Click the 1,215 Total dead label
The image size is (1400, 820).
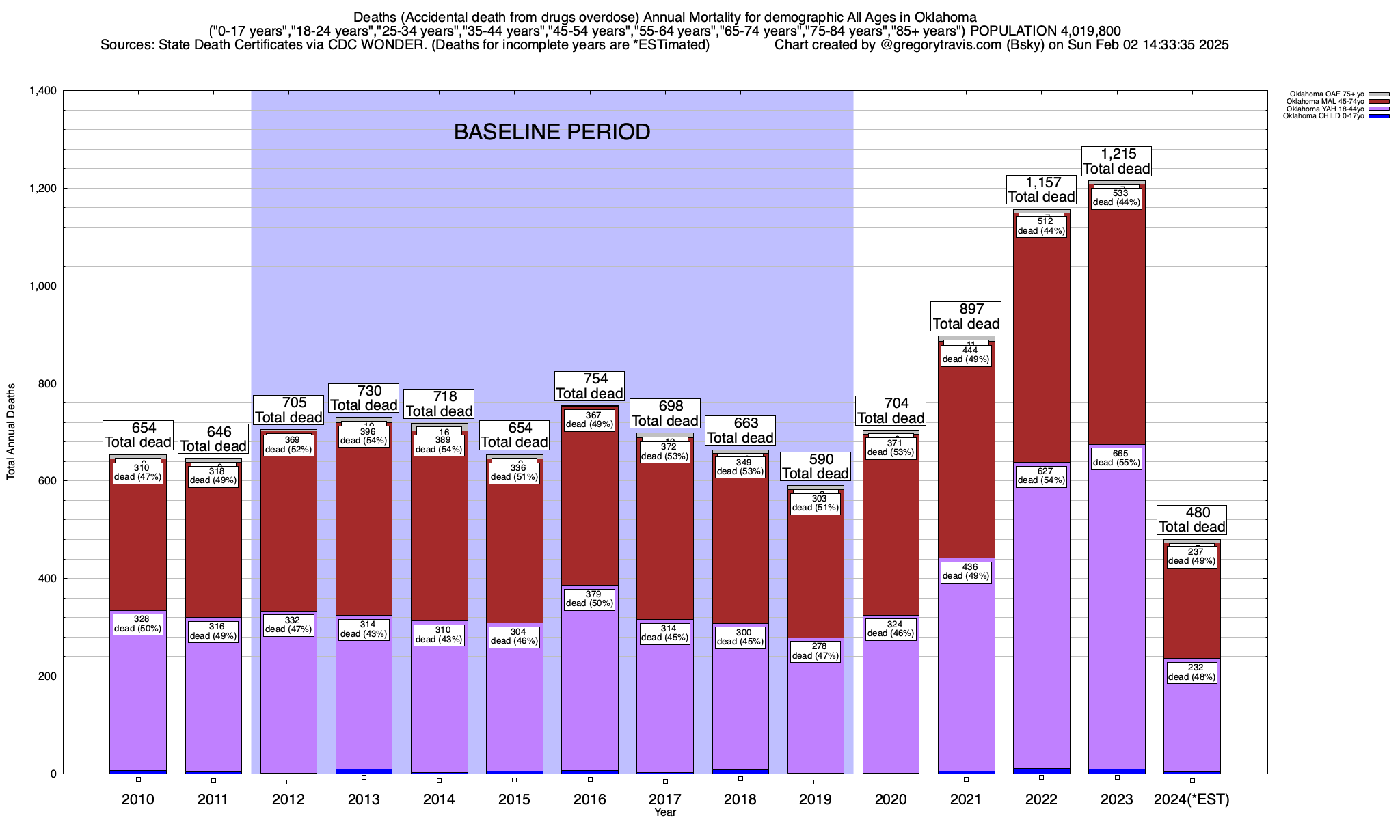1116,161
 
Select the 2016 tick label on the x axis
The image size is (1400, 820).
589,799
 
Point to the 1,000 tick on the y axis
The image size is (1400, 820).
43,286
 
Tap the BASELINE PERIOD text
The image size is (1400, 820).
552,132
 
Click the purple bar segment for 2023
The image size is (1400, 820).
1116,615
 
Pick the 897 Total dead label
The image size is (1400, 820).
966,316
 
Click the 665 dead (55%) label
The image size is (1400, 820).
1116,458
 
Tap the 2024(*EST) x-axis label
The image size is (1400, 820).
1192,799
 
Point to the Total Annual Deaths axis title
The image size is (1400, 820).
11,431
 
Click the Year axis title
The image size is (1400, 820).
664,812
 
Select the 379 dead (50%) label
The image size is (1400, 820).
589,599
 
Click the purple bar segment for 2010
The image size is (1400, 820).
137,704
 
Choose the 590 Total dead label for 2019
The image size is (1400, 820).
816,467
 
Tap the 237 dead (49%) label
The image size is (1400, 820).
1192,556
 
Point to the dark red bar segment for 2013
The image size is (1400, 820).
364,533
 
